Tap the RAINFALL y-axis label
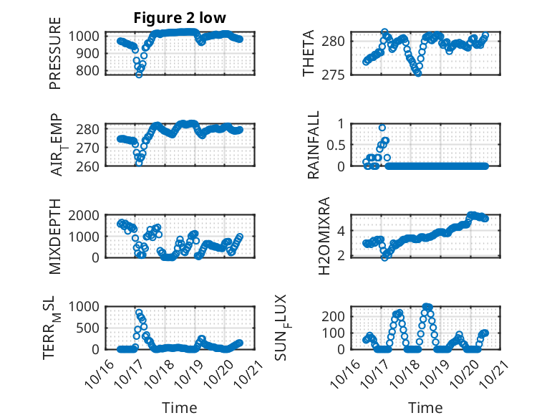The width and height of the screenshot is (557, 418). (x=314, y=145)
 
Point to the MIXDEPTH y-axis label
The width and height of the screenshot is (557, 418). (x=55, y=237)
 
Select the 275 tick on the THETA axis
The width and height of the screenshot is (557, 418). (x=343, y=75)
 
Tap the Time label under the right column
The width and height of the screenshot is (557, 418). (x=425, y=407)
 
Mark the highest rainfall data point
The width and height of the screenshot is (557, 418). (x=382, y=128)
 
